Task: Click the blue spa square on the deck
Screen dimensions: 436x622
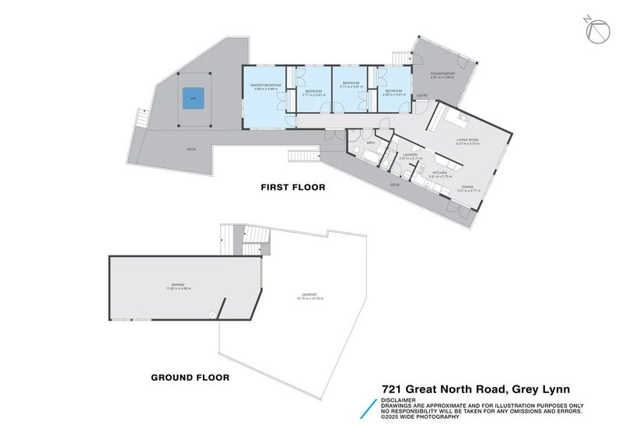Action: [x=194, y=97]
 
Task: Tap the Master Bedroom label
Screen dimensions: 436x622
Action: [x=266, y=84]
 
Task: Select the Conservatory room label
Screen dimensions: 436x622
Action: [x=442, y=74]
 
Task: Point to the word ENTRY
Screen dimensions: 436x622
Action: [x=422, y=96]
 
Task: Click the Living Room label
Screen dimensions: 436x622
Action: [x=467, y=139]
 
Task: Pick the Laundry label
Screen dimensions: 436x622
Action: [x=411, y=154]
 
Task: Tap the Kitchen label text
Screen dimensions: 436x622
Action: [x=439, y=173]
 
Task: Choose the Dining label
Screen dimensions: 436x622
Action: [x=466, y=186]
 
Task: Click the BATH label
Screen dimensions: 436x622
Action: [x=371, y=143]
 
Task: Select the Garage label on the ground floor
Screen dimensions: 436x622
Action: [x=178, y=285]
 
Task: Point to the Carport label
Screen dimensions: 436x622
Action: [x=309, y=294]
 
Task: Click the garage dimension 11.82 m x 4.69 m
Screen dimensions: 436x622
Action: [x=178, y=289]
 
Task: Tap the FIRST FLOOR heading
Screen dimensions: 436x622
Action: [x=292, y=187]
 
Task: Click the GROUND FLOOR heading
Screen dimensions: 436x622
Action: [x=190, y=378]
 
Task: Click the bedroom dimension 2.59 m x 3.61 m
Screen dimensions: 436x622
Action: [x=392, y=95]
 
